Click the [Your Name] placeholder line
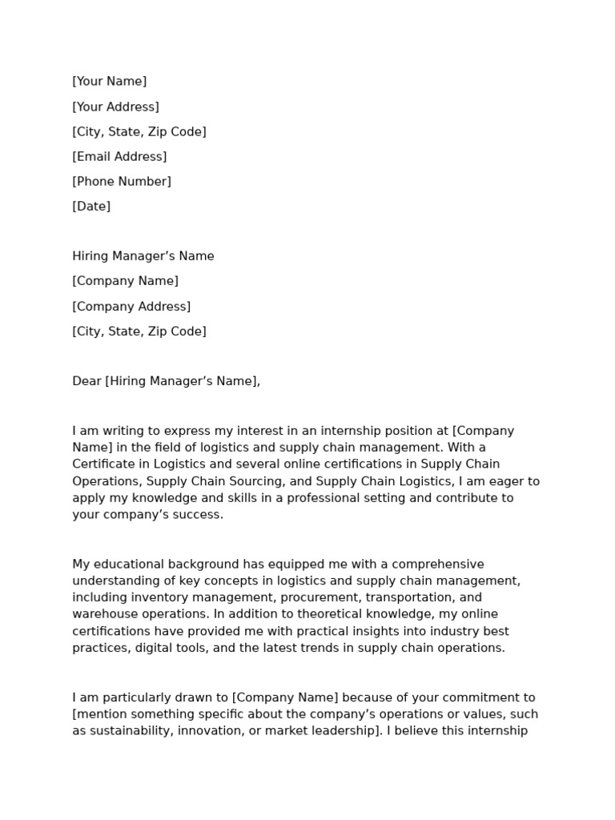tap(110, 81)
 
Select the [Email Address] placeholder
tap(119, 156)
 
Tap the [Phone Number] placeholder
tap(122, 181)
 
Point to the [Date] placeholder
tap(91, 206)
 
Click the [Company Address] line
tap(131, 306)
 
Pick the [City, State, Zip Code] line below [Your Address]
tap(139, 131)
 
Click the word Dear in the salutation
tap(86, 381)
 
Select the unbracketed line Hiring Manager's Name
tap(143, 256)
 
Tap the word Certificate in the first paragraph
tap(105, 464)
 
